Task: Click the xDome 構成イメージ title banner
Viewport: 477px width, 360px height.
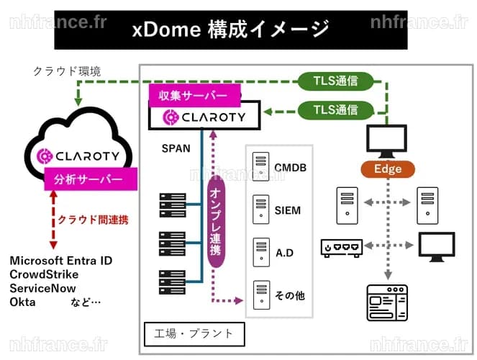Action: tap(231, 30)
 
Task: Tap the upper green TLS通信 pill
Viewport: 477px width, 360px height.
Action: tap(335, 81)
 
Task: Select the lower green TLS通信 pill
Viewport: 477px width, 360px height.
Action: tap(335, 110)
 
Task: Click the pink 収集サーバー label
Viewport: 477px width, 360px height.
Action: tap(195, 96)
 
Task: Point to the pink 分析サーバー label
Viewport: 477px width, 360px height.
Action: tap(91, 179)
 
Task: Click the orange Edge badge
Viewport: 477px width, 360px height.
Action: tap(388, 169)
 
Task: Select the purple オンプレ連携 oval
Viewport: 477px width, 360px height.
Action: tap(216, 222)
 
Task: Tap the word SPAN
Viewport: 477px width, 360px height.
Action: tap(176, 148)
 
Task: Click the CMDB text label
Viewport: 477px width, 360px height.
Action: tap(290, 168)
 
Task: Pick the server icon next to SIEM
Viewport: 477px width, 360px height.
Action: tap(261, 210)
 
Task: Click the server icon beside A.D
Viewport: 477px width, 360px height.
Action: tap(261, 252)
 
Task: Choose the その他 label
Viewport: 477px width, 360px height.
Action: tap(290, 295)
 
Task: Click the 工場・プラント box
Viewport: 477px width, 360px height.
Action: tap(194, 334)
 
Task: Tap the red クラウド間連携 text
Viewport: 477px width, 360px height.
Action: tap(93, 220)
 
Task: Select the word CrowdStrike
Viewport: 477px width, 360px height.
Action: tap(44, 274)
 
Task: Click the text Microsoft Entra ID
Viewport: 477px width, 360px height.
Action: tap(61, 261)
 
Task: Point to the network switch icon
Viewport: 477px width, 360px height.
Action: tap(342, 248)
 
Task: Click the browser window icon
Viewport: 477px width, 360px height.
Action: tap(387, 303)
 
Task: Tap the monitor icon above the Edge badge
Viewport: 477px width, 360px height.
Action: tap(386, 141)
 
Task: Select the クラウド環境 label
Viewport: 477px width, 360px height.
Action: tap(67, 71)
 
